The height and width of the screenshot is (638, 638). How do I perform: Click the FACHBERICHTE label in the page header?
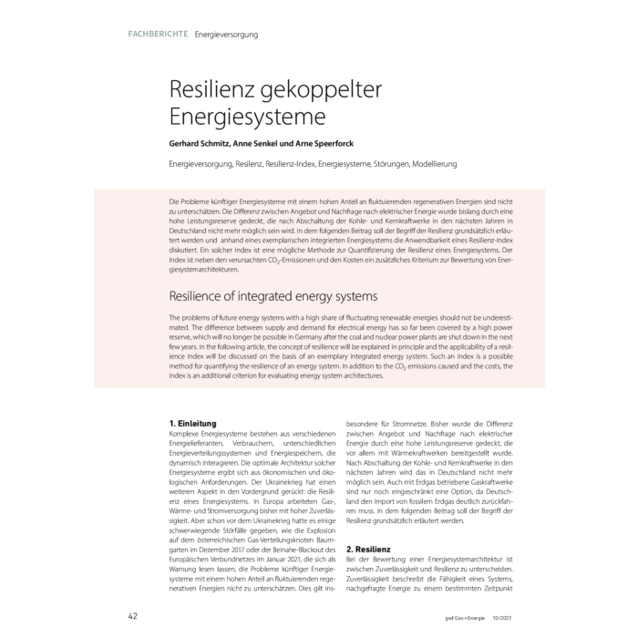158,35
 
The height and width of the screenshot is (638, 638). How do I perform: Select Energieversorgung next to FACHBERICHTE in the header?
226,35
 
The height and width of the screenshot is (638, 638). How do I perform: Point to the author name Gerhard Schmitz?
199,144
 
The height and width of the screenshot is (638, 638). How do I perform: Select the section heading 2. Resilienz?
371,551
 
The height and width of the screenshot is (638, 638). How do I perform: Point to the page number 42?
132,616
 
